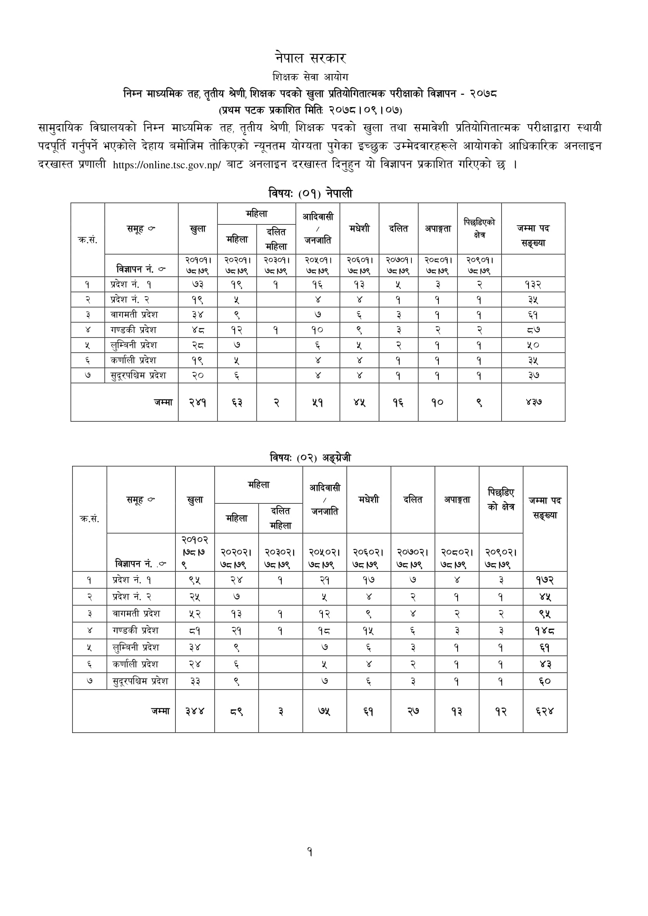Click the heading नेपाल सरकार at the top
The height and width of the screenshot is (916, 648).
point(310,58)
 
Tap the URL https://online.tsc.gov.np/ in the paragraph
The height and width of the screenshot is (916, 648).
point(167,165)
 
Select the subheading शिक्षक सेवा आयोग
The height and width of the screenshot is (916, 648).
point(310,77)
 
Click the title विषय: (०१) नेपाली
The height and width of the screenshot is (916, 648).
point(310,194)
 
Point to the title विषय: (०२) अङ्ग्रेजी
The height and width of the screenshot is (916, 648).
point(310,458)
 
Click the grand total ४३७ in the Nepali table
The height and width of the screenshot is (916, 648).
point(533,402)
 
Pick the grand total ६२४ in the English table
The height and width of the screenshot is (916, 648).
point(545,711)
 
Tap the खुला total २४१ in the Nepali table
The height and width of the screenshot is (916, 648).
point(197,402)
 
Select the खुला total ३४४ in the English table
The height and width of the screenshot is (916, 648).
point(195,711)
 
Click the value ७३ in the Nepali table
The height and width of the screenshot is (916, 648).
point(197,285)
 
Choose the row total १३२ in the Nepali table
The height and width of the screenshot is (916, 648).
point(533,285)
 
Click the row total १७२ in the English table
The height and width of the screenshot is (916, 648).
point(545,580)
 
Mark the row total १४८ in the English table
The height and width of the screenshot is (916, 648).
point(545,631)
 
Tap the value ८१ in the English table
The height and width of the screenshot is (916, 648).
point(195,631)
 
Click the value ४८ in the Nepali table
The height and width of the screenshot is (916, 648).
point(197,330)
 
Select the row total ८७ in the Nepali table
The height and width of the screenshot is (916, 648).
point(533,330)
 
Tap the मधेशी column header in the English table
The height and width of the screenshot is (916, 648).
point(368,500)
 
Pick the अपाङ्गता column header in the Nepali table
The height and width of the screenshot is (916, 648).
point(437,228)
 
